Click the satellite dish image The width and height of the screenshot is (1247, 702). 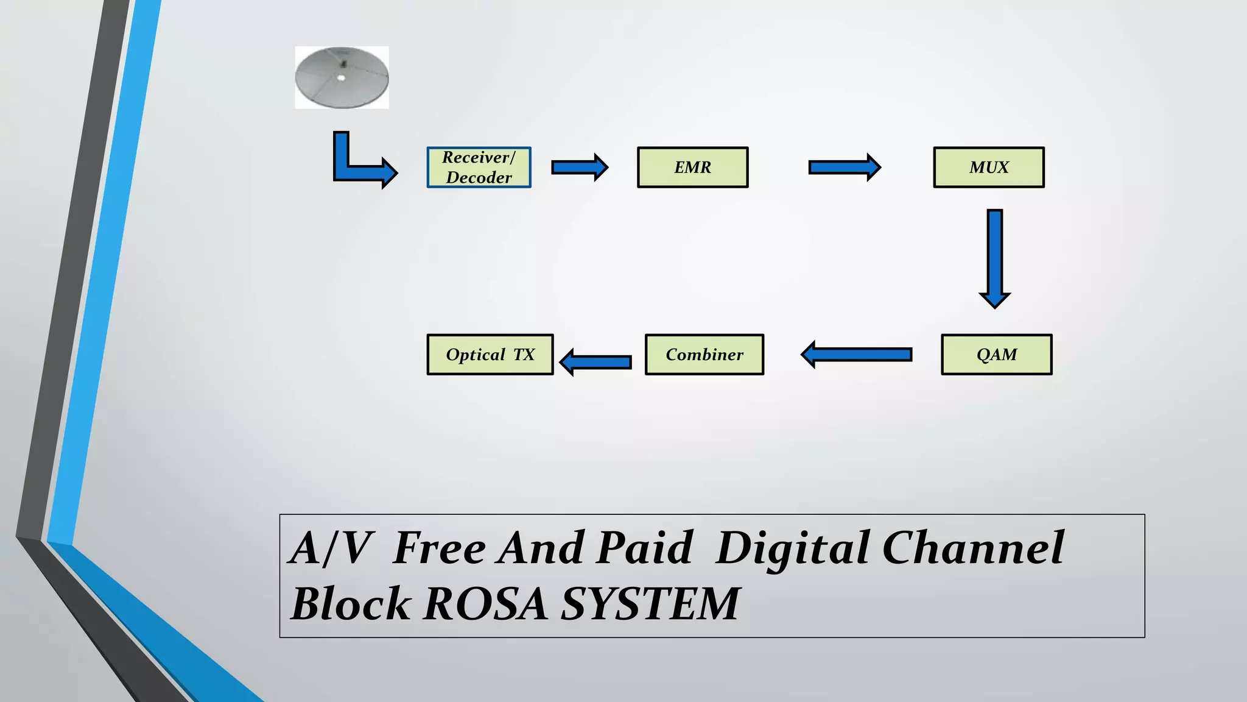click(342, 77)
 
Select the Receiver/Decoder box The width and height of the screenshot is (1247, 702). click(479, 168)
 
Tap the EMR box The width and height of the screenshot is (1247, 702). click(692, 168)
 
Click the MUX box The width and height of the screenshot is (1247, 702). click(988, 168)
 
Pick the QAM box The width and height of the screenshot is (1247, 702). click(996, 355)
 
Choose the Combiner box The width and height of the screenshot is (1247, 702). click(704, 355)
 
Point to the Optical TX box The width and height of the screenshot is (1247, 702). click(490, 355)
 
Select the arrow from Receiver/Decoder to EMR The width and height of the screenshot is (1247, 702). click(578, 168)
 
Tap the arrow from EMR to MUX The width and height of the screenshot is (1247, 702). click(843, 168)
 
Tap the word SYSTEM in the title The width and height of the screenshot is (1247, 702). click(650, 604)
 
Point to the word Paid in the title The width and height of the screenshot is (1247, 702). click(644, 548)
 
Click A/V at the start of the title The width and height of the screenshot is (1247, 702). click(329, 548)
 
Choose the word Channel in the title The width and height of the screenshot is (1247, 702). click(972, 548)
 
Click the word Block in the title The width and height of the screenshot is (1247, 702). click(351, 604)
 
